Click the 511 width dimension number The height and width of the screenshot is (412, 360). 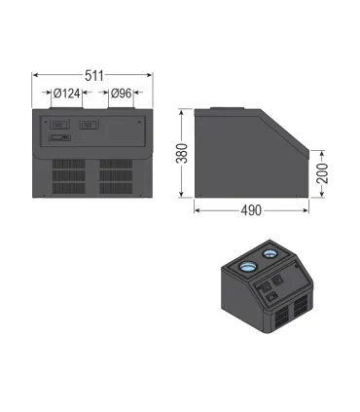point(94,76)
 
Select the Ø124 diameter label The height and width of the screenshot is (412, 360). point(66,94)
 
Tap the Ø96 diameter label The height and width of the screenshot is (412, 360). point(121,94)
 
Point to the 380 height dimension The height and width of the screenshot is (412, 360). point(182,153)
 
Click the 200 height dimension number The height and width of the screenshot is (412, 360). point(322,173)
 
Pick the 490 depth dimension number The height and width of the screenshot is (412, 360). point(251,210)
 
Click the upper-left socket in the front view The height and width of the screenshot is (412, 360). point(59,125)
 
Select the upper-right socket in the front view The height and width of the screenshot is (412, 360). point(90,125)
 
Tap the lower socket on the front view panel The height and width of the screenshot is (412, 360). point(59,137)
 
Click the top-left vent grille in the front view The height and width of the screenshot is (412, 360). point(69,164)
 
